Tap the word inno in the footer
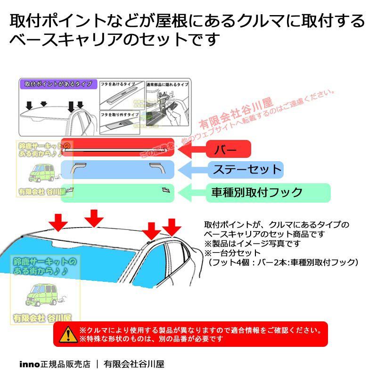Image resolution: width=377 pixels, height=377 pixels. pos(28,364)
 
